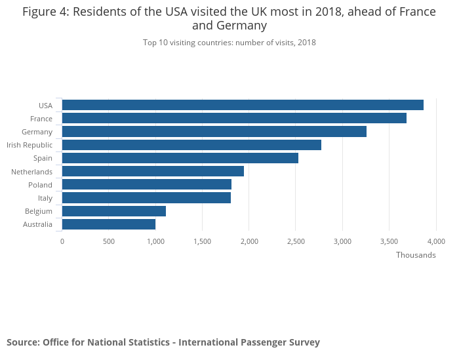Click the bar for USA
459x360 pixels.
243,105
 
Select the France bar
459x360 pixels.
234,118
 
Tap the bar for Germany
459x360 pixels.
214,132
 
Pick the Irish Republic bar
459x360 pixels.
191,145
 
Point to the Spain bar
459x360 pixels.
180,158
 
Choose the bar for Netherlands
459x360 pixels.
153,171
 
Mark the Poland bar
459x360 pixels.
147,184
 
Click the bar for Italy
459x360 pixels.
146,197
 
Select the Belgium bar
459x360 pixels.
114,211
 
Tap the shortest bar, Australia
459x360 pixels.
109,224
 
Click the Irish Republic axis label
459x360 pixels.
30,145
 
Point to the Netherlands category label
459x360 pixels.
31,171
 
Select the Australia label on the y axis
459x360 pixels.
37,224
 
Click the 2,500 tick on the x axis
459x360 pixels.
296,241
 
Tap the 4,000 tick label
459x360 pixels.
435,241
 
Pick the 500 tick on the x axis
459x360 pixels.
109,241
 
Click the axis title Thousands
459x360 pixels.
416,255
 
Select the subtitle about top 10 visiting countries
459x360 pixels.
229,43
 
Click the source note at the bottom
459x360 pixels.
163,342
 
